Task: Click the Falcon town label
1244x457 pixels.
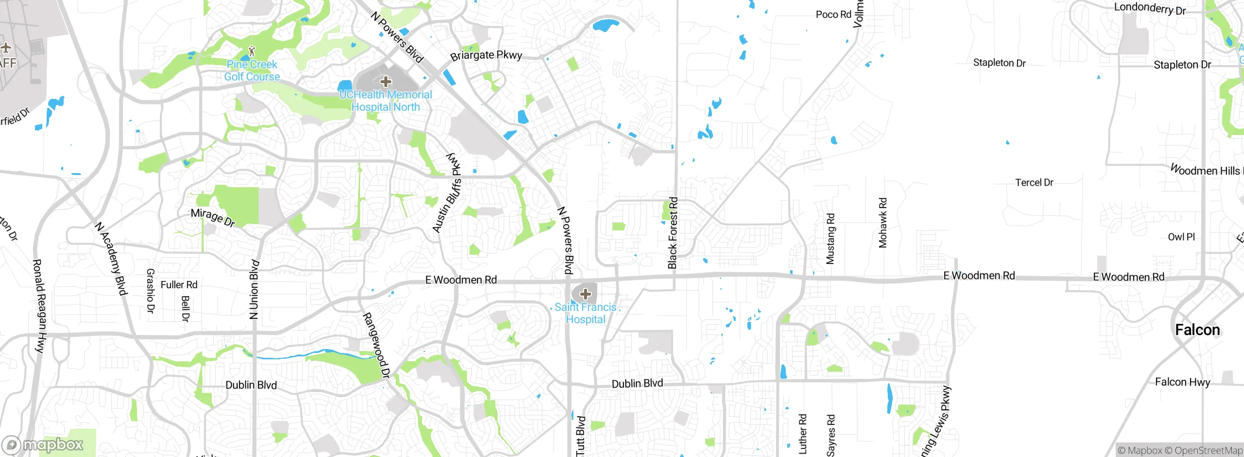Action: click(1197, 330)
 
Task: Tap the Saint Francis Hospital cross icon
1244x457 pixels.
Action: click(585, 294)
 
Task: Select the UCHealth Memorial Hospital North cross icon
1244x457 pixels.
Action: click(386, 81)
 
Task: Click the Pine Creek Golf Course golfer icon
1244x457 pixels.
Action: click(251, 51)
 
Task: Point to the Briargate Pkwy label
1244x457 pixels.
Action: click(486, 55)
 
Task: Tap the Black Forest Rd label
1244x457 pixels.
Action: click(673, 232)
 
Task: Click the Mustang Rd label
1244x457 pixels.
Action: click(830, 238)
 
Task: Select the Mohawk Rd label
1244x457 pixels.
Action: click(883, 223)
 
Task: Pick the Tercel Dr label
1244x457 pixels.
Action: click(1034, 183)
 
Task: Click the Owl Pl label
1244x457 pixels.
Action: click(1181, 237)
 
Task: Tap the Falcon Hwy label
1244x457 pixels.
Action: click(1182, 382)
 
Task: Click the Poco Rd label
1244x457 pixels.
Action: click(833, 15)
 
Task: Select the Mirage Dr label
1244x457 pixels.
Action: click(213, 217)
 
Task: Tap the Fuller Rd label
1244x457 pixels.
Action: click(179, 285)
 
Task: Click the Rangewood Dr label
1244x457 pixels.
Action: click(376, 345)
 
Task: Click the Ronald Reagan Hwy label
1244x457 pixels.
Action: click(39, 306)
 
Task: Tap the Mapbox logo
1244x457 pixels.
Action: click(43, 445)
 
